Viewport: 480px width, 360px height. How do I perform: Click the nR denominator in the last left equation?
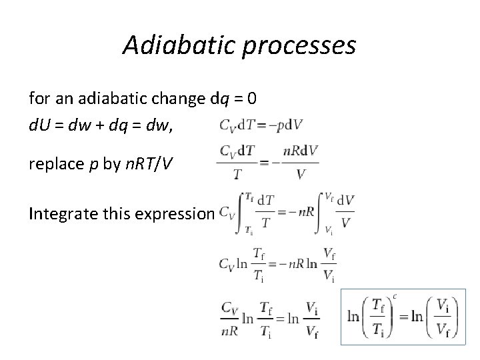[229, 327]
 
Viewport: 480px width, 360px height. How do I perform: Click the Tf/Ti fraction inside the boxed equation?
[377, 317]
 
